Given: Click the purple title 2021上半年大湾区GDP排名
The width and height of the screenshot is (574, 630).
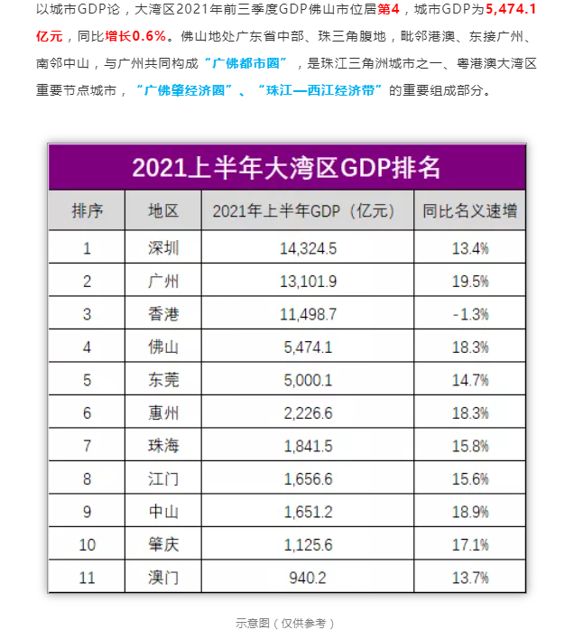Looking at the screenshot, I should (x=286, y=167).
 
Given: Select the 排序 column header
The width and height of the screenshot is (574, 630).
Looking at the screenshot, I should (x=88, y=211).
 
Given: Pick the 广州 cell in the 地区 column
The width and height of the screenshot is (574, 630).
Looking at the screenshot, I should (x=163, y=281).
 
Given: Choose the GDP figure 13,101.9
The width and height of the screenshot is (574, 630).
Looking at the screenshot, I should (x=308, y=281).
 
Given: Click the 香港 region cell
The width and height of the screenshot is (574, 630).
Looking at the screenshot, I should (x=163, y=314).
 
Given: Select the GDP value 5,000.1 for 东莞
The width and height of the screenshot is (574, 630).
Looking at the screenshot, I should (x=308, y=380).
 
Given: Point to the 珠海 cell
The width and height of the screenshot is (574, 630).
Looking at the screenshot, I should (x=163, y=446).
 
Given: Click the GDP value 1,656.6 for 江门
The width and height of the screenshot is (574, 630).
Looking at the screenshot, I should (x=308, y=478).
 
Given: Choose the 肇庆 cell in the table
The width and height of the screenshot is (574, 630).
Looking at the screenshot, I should (x=163, y=544).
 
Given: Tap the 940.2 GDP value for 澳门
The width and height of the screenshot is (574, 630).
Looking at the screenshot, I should (x=308, y=577).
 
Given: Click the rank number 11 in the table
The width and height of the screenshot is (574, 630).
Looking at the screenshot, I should (x=88, y=577).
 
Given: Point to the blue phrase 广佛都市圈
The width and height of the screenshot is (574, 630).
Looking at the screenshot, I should (x=245, y=63).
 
